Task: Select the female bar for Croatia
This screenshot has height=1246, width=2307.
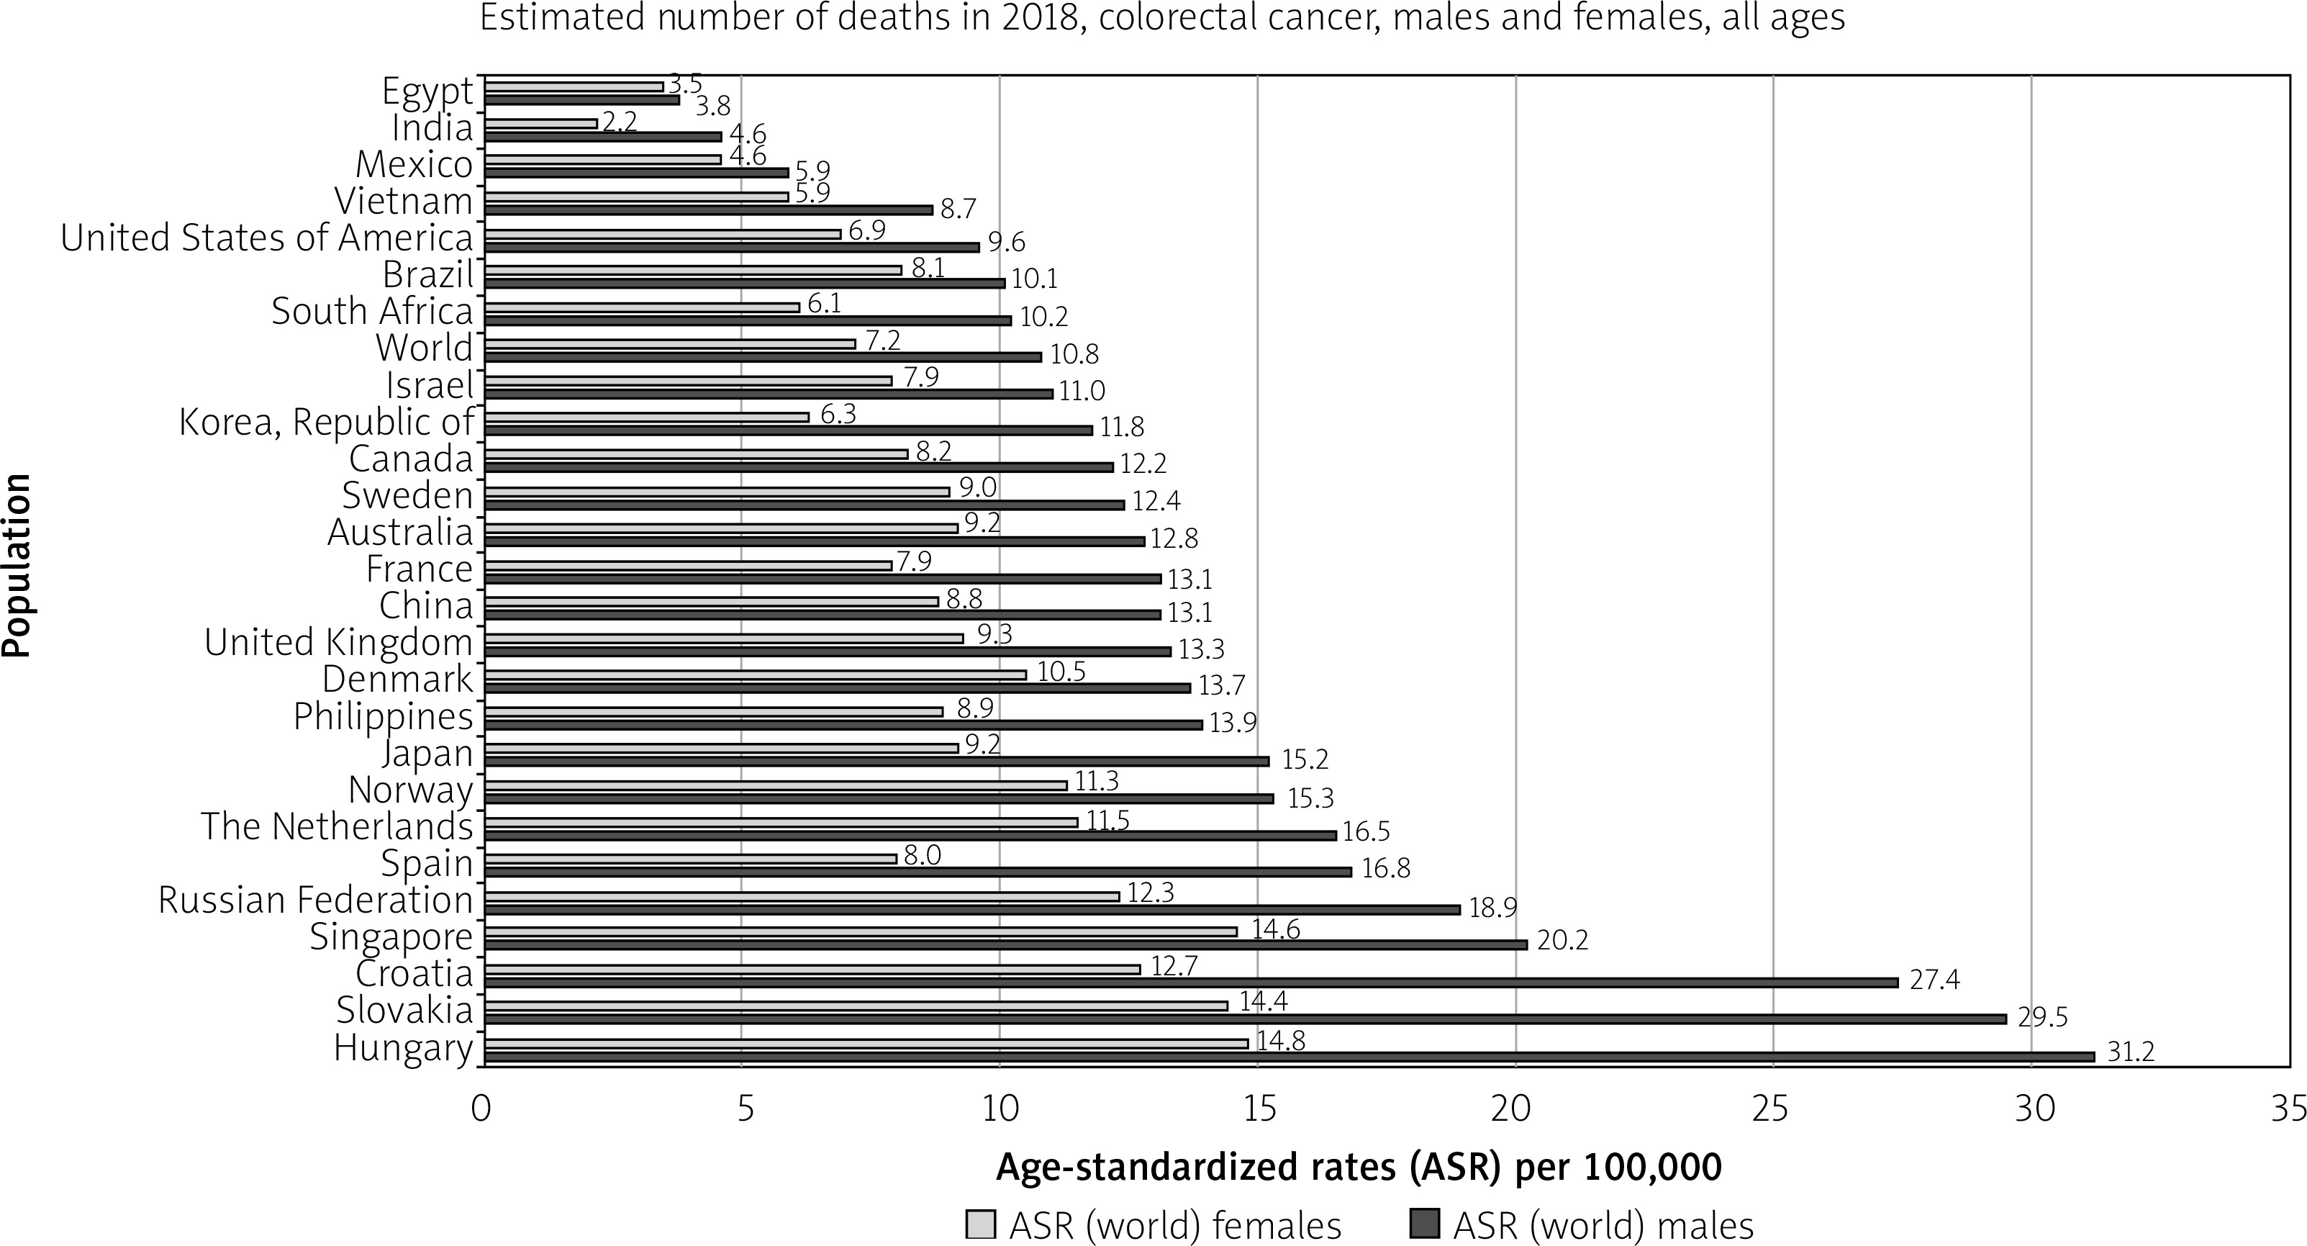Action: coord(812,969)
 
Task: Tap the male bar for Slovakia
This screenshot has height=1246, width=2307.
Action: coord(1245,1019)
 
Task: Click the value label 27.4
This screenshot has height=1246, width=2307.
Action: coord(1934,979)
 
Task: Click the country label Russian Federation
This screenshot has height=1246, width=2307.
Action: coord(315,900)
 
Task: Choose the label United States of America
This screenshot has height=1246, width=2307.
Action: coord(266,238)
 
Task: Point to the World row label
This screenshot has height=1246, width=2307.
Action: coord(424,348)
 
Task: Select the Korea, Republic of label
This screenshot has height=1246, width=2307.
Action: coord(326,422)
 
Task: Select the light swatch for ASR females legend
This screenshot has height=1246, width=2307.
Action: coord(981,1224)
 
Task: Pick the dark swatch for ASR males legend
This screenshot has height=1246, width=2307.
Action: coord(1425,1224)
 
